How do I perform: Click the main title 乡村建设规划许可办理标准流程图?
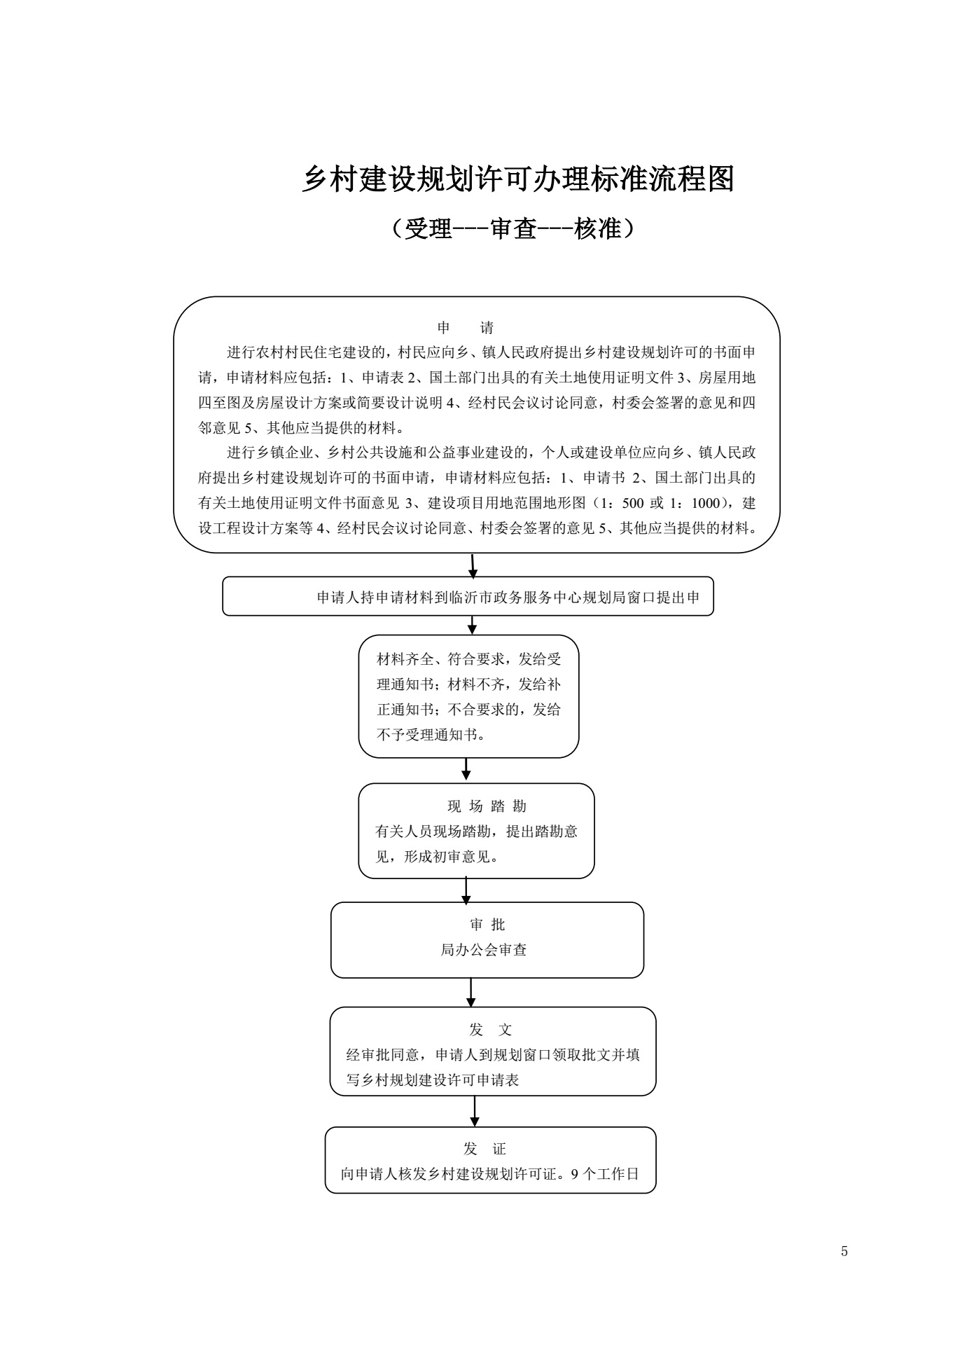[x=517, y=179]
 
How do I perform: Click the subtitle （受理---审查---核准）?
[x=513, y=228]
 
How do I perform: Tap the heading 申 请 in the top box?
[x=466, y=328]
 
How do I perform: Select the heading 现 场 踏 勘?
[x=487, y=806]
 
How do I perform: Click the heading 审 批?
[x=487, y=925]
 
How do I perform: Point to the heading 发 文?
[x=491, y=1030]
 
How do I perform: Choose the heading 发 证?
[x=485, y=1149]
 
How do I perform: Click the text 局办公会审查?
[x=484, y=951]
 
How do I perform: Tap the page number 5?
[x=844, y=1252]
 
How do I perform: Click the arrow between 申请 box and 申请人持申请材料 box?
[x=473, y=566]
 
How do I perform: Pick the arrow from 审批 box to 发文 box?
[x=471, y=992]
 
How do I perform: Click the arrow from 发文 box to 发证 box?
[x=475, y=1111]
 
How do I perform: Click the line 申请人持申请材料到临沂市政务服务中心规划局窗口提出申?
[x=508, y=598]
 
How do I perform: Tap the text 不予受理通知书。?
[x=431, y=735]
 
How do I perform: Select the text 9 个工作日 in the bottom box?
[x=606, y=1174]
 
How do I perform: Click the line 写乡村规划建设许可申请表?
[x=433, y=1080]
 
